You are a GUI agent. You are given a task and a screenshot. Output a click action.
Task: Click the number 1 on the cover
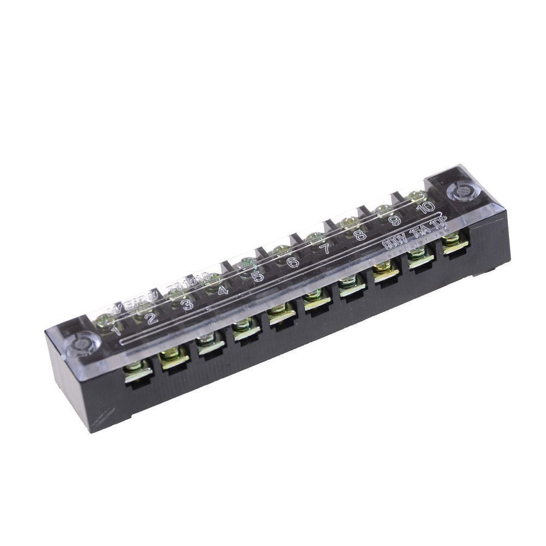point(116,330)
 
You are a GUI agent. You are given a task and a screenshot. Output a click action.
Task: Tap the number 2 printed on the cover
point(151,317)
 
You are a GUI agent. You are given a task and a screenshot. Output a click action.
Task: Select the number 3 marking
point(187,304)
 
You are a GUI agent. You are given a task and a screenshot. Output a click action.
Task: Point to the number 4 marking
point(223,290)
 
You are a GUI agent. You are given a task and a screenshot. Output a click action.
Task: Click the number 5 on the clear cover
point(258,276)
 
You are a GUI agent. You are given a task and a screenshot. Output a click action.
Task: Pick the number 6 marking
point(293,262)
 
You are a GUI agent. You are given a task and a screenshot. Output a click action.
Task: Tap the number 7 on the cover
point(325,249)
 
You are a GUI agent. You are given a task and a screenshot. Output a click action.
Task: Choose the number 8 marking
point(359,235)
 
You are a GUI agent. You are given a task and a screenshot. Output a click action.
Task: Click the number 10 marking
point(425,207)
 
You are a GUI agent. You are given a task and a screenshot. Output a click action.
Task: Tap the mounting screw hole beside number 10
point(460,191)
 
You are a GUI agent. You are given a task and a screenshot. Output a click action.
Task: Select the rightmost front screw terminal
point(454,244)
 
